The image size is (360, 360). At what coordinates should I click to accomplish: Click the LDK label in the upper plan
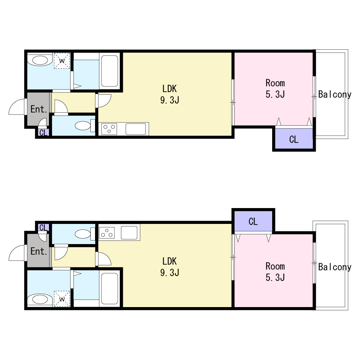170,89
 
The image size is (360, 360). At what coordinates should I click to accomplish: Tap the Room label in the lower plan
275,266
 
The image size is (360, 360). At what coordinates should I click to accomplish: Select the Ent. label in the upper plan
39,109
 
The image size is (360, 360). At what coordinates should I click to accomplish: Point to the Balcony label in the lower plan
335,267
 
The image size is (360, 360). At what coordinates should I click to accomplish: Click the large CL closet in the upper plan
294,139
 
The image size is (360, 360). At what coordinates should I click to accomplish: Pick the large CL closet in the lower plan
253,221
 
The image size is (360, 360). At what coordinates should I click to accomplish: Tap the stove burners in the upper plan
109,129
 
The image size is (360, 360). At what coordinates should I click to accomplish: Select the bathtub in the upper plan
109,71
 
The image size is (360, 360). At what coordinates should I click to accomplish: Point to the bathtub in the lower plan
109,288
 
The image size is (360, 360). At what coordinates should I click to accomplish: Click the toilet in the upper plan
85,126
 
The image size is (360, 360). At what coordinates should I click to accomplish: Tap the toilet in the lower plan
85,234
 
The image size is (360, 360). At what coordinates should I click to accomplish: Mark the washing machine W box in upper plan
62,61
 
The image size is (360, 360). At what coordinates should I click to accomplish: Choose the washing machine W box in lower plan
62,299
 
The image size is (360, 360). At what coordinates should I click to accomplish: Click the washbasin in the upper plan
40,60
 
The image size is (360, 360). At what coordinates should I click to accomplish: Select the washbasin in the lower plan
40,300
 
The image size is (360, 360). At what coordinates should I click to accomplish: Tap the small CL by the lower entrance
43,228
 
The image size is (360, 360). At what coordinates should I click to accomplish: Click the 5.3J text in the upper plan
275,94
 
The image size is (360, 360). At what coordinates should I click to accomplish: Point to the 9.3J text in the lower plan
170,273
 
